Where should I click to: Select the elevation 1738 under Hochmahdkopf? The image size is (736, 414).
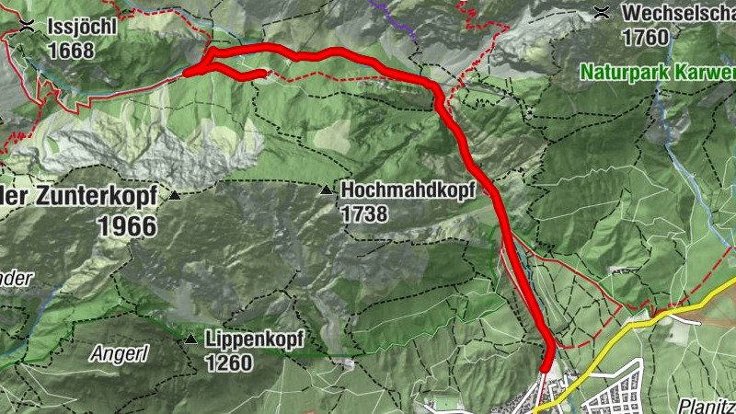tap(365, 213)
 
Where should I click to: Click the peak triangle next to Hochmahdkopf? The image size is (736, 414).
tap(326, 190)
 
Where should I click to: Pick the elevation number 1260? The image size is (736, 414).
tap(228, 363)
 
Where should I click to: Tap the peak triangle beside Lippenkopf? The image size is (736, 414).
tap(190, 339)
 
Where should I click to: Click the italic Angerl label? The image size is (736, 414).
tap(118, 352)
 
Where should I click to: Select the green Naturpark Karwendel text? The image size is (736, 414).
tap(657, 72)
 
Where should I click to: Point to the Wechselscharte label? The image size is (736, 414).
tap(678, 13)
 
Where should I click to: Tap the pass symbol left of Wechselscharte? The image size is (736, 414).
tap(602, 12)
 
